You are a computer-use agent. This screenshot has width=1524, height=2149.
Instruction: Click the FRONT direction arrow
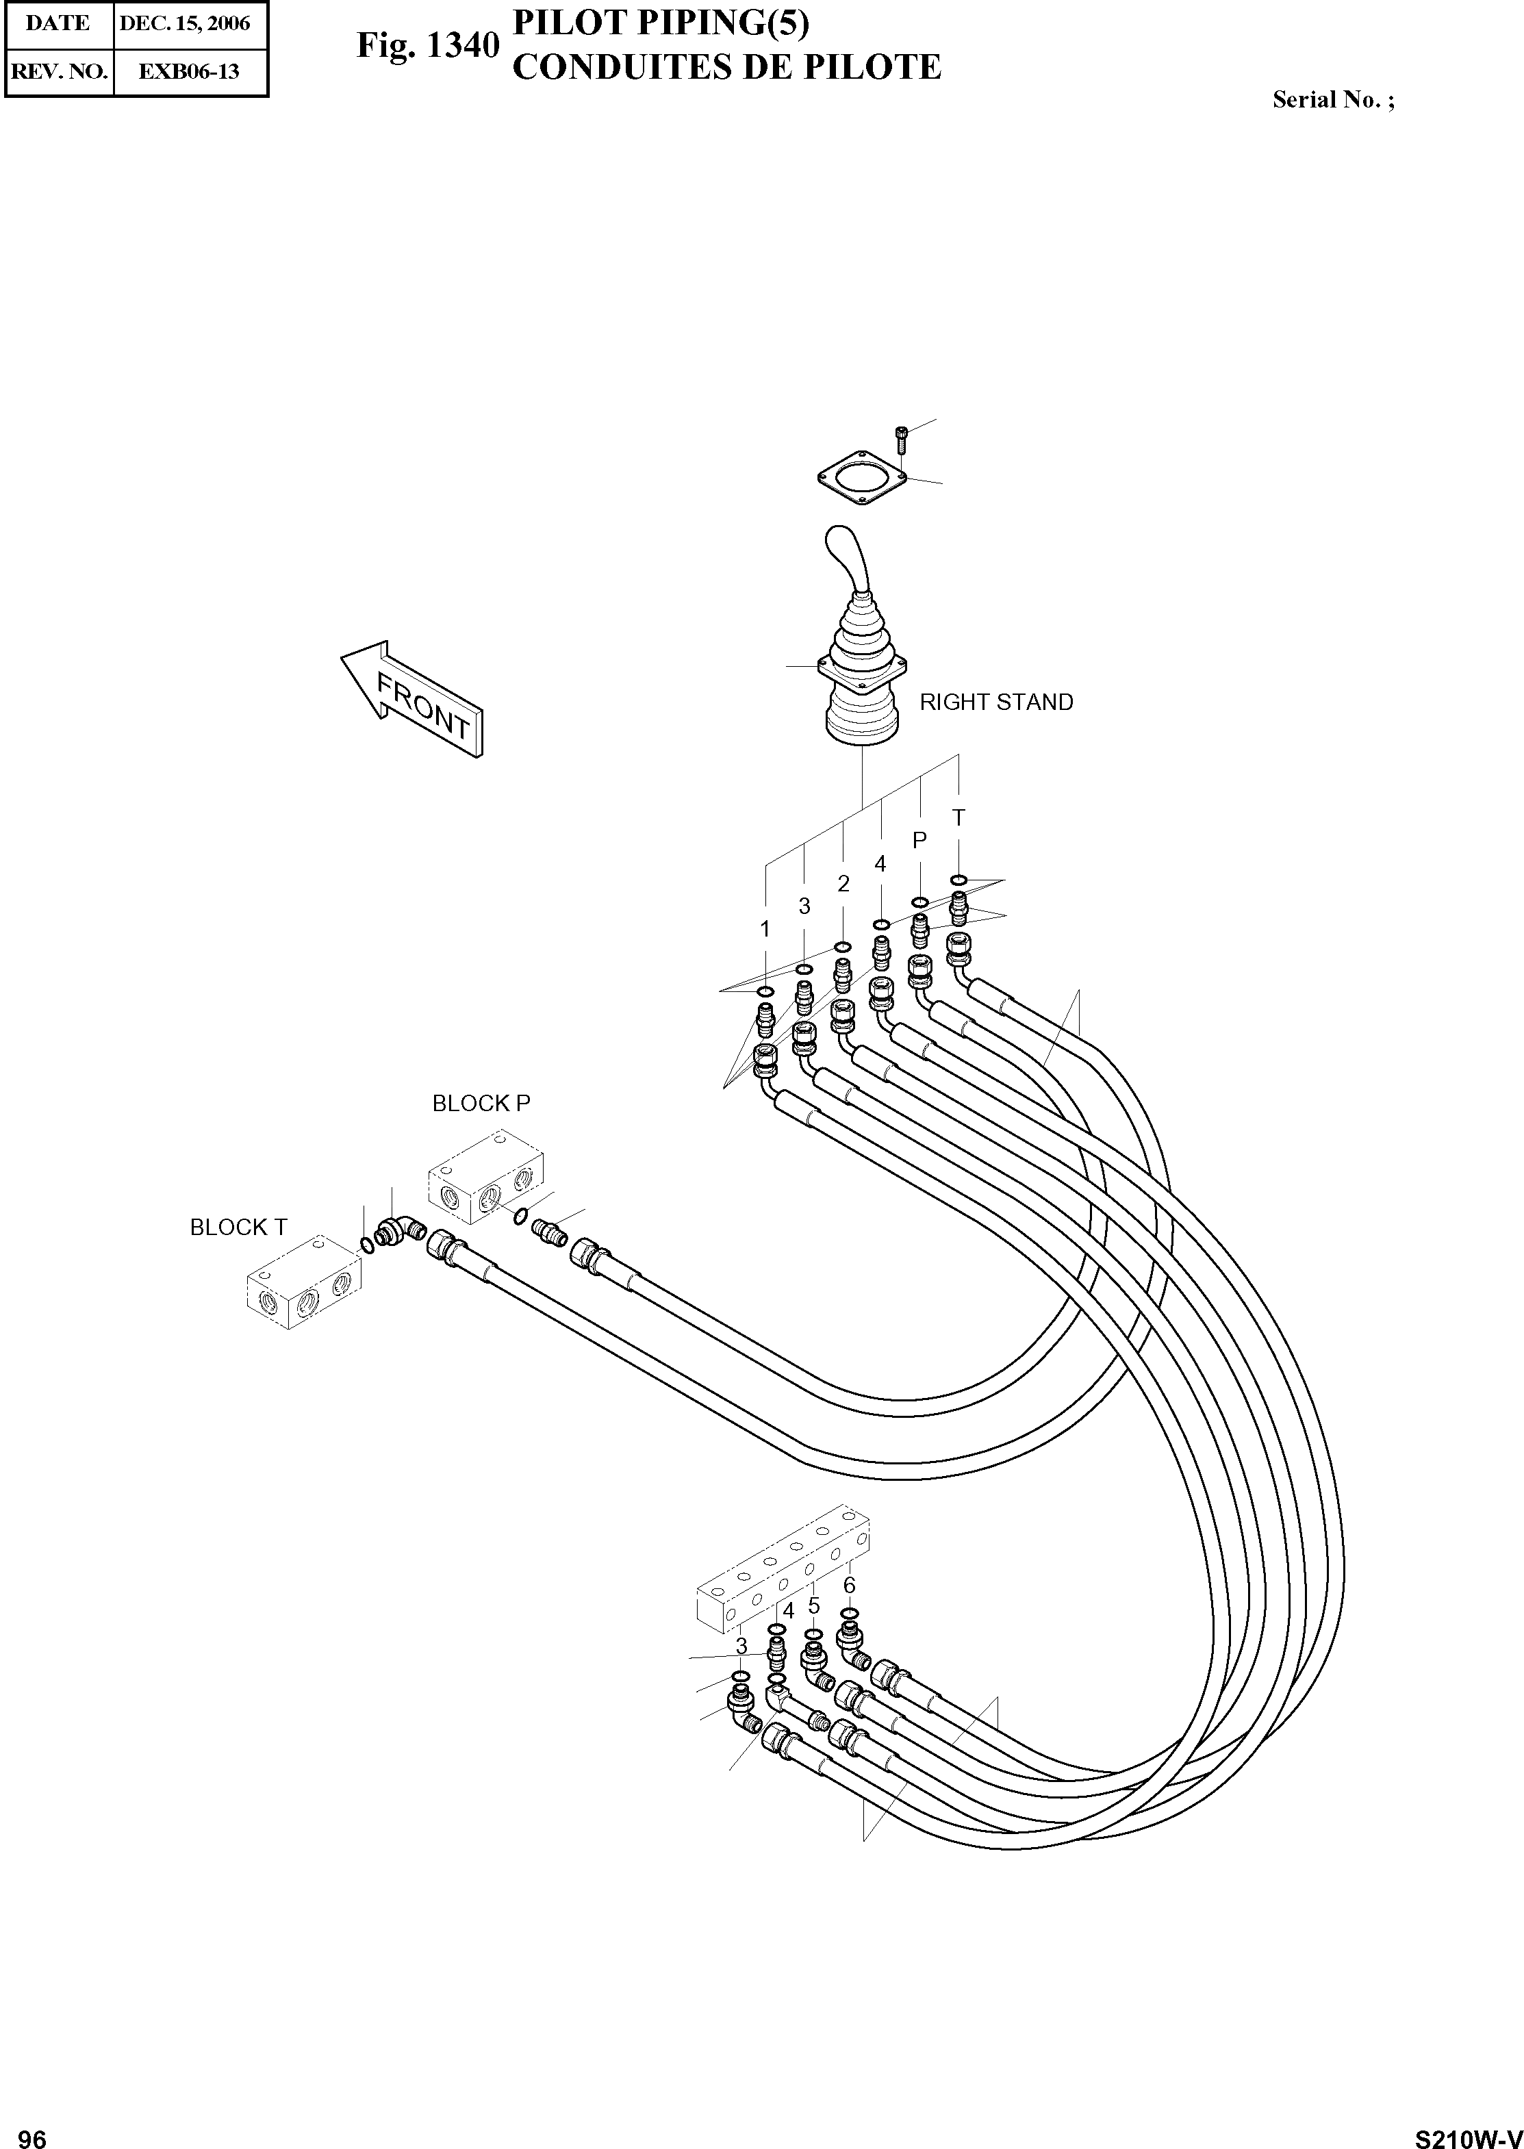[x=413, y=698]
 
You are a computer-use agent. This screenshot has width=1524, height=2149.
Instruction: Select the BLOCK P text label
[x=481, y=1104]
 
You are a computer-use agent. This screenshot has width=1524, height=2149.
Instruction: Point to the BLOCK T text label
[x=238, y=1228]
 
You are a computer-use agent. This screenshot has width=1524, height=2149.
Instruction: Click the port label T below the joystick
[x=958, y=818]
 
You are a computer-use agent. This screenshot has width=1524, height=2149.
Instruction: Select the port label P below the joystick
[x=919, y=841]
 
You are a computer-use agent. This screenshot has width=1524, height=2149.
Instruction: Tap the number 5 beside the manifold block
[x=813, y=1605]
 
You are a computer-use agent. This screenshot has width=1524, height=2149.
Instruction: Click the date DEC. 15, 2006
[x=185, y=23]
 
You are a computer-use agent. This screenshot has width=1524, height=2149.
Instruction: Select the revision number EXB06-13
[x=189, y=71]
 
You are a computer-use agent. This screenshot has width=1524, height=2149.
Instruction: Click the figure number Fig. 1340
[x=427, y=45]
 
